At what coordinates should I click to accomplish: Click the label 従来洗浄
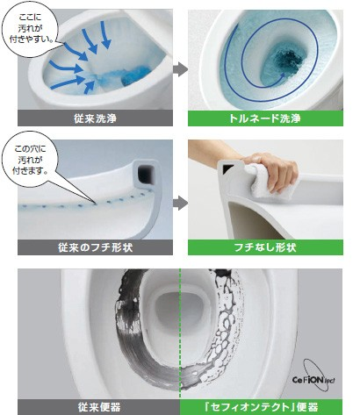coord(95,118)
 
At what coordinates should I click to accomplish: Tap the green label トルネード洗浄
coord(265,118)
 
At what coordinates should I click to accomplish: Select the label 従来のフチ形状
coord(95,247)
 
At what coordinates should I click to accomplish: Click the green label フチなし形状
coord(265,247)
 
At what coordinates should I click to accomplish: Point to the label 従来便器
coord(99,407)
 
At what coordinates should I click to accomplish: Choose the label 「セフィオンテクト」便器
coord(261,407)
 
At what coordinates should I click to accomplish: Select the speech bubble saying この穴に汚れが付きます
coord(29,160)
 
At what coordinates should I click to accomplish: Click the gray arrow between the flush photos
coord(180,69)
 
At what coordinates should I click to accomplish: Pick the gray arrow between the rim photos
coord(180,203)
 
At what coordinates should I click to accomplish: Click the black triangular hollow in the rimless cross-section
coord(227,168)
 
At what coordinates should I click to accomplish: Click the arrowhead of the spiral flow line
coord(282,75)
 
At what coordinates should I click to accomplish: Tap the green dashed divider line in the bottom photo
coord(180,333)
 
